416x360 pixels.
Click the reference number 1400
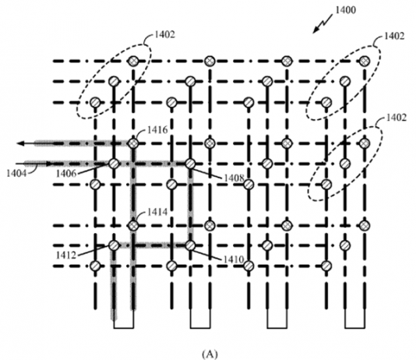(x=346, y=10)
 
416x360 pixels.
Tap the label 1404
(x=16, y=173)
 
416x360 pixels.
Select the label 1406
(x=66, y=174)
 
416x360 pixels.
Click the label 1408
(x=234, y=178)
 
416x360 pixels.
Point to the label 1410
(x=234, y=259)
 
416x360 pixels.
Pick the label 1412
(x=66, y=255)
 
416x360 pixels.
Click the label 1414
(x=157, y=212)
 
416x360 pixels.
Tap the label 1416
(x=157, y=130)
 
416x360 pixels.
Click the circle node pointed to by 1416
(x=133, y=143)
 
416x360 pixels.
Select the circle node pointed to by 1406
(x=114, y=164)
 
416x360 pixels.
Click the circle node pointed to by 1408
(x=190, y=164)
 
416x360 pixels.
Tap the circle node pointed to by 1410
(x=190, y=245)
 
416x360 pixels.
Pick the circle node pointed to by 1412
(x=114, y=245)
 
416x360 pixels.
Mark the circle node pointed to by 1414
(x=133, y=226)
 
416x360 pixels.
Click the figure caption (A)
(x=210, y=354)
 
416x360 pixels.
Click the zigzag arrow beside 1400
(x=323, y=24)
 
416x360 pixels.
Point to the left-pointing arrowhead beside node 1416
(x=21, y=143)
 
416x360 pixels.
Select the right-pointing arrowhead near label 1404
(x=50, y=164)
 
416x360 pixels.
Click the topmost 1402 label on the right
(x=394, y=36)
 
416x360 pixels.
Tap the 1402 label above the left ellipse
(x=164, y=34)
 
